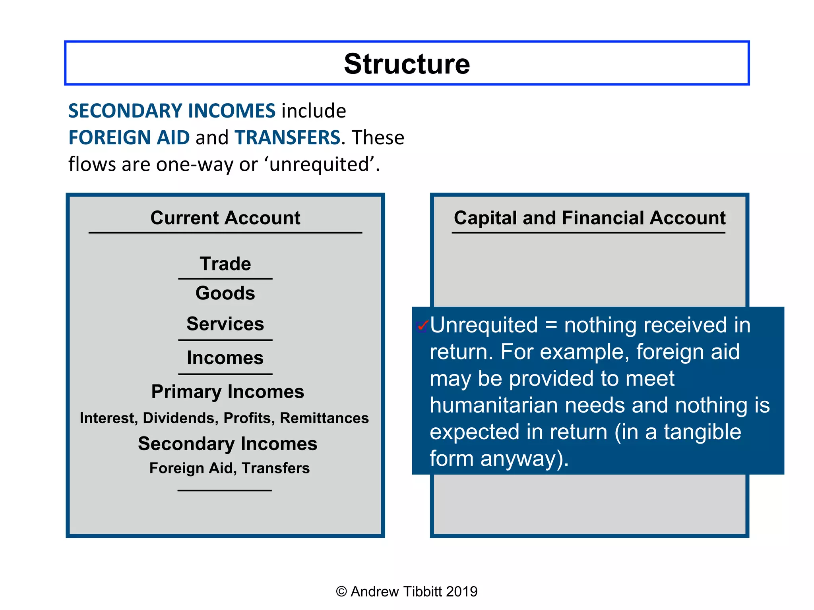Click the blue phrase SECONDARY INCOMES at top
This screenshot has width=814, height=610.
[172, 111]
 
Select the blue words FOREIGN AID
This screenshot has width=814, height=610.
[129, 137]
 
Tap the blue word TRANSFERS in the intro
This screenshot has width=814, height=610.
[287, 137]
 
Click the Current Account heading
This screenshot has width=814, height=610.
[225, 218]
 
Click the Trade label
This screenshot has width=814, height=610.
[225, 264]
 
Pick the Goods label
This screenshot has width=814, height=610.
[225, 293]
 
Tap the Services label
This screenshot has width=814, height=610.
[225, 324]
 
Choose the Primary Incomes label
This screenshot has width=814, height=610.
[227, 392]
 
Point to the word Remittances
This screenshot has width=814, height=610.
[324, 418]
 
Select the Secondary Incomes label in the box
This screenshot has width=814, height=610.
[227, 444]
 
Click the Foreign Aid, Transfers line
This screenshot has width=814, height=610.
[229, 468]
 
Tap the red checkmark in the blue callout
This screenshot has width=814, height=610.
[422, 326]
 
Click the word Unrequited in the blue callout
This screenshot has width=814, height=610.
[484, 325]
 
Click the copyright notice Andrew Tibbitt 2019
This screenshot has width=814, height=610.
[407, 591]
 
